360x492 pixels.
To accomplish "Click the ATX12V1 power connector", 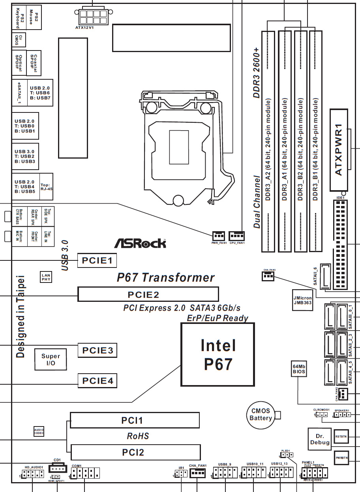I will pos(93,16).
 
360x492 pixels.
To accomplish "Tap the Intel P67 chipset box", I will pos(218,354).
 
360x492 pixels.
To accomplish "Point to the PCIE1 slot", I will pos(97,260).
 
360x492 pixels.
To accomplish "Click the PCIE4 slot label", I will pos(97,381).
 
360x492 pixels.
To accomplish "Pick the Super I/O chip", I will pos(51,359).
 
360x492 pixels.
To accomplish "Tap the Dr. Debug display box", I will pos(319,439).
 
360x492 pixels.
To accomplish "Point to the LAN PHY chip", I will pos(46,277).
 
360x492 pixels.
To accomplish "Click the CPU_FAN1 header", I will pos(237,236).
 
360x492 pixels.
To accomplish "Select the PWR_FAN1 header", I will pos(218,236).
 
